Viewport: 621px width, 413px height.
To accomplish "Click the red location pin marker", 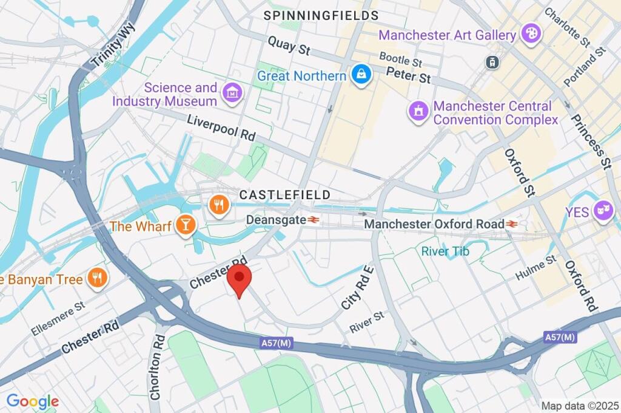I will pos(240,279).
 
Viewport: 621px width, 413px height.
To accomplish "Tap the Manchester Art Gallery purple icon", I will pos(530,35).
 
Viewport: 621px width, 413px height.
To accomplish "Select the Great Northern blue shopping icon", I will pos(361,76).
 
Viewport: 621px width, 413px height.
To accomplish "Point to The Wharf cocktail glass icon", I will pos(185,226).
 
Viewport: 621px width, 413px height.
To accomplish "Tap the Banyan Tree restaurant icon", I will pos(96,279).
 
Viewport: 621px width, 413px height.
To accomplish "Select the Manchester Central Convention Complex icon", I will pos(418,112).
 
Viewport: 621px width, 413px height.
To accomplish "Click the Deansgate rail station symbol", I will pos(314,220).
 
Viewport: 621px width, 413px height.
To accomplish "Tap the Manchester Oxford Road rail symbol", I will pos(512,224).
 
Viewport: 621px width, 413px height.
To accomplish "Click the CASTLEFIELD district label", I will pos(284,195).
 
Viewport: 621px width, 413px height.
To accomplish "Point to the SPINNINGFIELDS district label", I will pos(321,15).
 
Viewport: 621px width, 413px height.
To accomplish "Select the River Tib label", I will pos(446,251).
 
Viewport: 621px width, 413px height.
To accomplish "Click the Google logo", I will pos(32,401).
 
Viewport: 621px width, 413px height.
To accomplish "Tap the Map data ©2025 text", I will pos(579,405).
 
